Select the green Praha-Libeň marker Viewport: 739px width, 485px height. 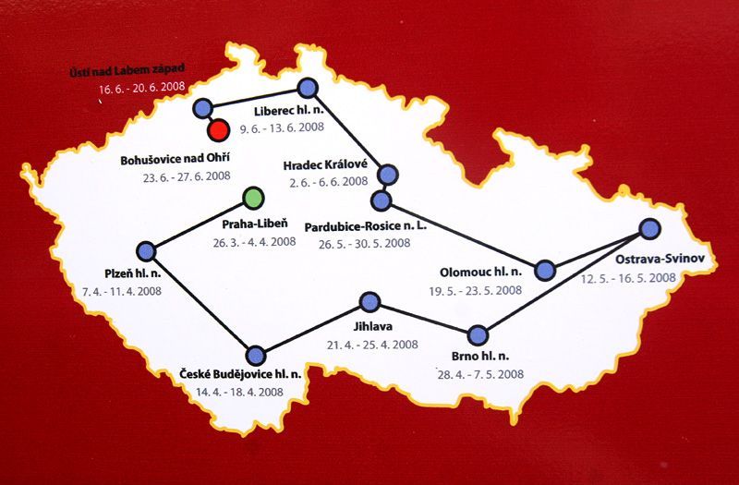253,198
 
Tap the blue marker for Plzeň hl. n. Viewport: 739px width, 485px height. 145,251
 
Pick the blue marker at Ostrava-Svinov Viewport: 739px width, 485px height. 649,228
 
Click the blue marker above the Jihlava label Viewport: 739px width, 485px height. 369,302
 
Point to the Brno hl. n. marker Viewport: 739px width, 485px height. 477,334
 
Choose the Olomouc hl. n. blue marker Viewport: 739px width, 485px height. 545,270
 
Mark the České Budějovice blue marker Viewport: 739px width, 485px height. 256,353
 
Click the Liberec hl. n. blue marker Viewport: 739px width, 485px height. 307,88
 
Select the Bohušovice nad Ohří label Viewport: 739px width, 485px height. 175,159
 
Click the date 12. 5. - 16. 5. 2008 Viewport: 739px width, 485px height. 628,277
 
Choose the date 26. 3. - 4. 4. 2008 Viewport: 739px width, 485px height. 252,243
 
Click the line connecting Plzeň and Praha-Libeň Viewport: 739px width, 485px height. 199,224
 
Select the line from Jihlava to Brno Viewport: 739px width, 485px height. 423,319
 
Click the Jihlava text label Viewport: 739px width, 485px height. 372,326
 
